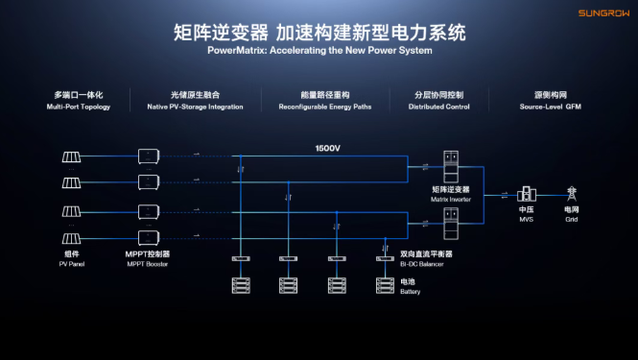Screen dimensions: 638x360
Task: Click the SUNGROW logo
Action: (x=603, y=13)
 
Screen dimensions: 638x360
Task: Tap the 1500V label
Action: (x=327, y=148)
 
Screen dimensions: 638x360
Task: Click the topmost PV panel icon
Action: (x=71, y=156)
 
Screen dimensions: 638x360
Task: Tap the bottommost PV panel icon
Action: (x=71, y=239)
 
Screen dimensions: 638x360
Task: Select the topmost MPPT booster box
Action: (x=149, y=156)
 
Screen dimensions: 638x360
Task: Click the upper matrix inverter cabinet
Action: (x=451, y=167)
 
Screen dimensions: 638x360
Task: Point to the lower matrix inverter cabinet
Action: (x=451, y=224)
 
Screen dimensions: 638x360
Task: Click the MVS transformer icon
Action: (x=527, y=194)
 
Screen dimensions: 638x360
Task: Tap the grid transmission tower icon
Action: (x=572, y=194)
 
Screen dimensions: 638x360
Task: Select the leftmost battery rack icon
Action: (x=241, y=285)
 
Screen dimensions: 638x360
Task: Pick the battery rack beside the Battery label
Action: (x=385, y=285)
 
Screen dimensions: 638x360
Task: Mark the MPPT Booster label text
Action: (x=148, y=264)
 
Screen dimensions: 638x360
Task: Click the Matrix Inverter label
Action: (x=450, y=199)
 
